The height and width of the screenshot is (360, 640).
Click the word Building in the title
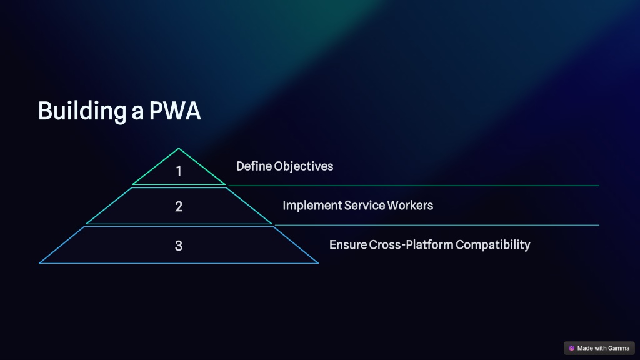(82, 111)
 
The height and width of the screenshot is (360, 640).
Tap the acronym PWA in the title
(175, 111)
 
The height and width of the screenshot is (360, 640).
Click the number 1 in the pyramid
(178, 171)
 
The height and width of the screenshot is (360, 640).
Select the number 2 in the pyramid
(178, 206)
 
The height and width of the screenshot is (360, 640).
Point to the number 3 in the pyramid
(178, 246)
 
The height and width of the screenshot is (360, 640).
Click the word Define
(254, 166)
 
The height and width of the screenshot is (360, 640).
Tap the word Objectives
(304, 166)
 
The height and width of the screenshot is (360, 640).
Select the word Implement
(312, 205)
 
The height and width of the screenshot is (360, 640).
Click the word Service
(364, 205)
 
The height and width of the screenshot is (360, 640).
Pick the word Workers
(410, 205)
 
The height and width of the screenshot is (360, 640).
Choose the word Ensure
(348, 245)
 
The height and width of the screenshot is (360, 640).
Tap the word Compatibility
(493, 245)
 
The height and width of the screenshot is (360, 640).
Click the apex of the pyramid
(178, 149)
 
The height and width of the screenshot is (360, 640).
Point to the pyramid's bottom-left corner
(39, 263)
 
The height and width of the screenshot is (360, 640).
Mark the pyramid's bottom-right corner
(317, 263)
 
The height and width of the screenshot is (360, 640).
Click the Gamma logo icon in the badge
(571, 348)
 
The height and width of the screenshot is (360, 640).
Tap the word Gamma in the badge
(618, 348)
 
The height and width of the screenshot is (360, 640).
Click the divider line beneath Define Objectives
(414, 186)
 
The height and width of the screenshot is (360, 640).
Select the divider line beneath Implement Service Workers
(437, 225)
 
